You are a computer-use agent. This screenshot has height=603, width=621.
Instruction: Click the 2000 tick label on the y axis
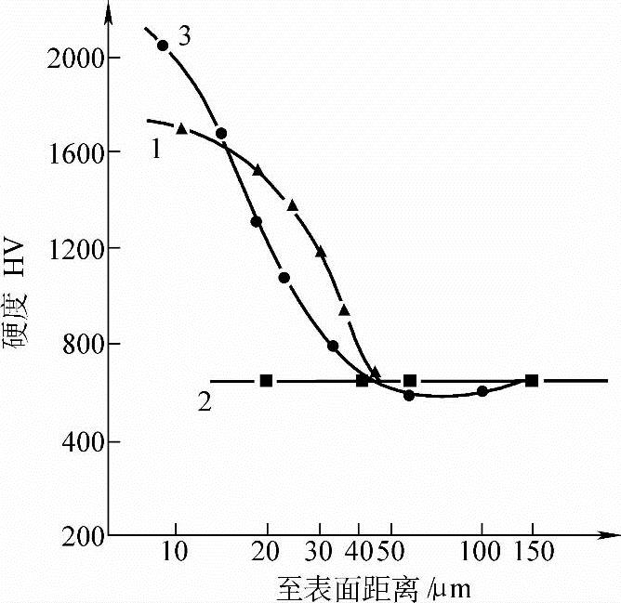[x=73, y=58]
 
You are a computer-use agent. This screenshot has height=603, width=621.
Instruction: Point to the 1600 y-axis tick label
[x=73, y=152]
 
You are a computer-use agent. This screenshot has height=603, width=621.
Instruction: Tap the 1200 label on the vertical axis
[x=73, y=248]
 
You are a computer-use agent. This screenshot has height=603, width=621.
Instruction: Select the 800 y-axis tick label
[x=78, y=344]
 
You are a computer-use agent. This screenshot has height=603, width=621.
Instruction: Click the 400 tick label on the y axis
[x=78, y=440]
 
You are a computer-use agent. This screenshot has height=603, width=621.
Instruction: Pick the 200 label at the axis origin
[x=78, y=536]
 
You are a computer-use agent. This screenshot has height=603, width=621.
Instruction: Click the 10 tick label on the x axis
[x=174, y=553]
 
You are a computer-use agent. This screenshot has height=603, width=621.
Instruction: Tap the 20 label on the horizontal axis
[x=268, y=553]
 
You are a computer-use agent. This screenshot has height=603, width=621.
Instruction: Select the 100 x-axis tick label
[x=482, y=553]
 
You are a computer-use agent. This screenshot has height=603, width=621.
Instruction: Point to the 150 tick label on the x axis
[x=534, y=553]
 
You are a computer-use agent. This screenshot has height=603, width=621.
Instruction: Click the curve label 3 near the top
[x=184, y=37]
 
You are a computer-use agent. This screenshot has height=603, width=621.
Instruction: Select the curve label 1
[x=156, y=149]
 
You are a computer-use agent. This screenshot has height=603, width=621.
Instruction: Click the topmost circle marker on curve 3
[x=163, y=46]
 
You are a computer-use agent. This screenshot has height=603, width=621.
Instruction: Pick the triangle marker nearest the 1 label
[x=182, y=128]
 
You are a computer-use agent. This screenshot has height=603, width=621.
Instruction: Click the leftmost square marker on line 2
[x=267, y=380]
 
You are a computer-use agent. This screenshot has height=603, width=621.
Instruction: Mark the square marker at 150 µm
[x=532, y=380]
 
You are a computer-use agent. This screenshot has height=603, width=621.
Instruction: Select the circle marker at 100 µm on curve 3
[x=482, y=391]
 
